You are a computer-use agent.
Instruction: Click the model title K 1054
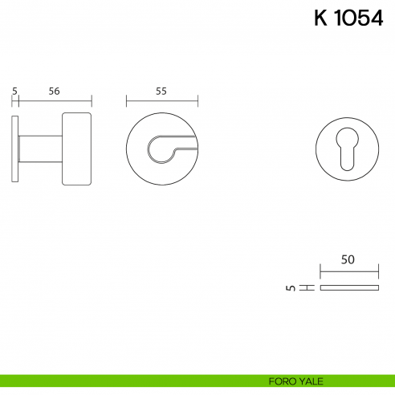(348, 18)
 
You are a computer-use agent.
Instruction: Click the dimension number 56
(54, 92)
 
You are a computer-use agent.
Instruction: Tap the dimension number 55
(161, 92)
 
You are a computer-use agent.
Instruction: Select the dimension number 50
(348, 259)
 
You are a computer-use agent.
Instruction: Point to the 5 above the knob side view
(14, 92)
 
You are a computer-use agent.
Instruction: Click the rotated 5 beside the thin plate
(291, 288)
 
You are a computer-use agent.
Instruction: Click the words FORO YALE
(295, 381)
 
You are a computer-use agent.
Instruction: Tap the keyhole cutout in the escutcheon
(347, 149)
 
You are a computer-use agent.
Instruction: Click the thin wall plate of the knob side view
(15, 149)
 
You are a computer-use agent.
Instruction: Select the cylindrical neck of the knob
(40, 149)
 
